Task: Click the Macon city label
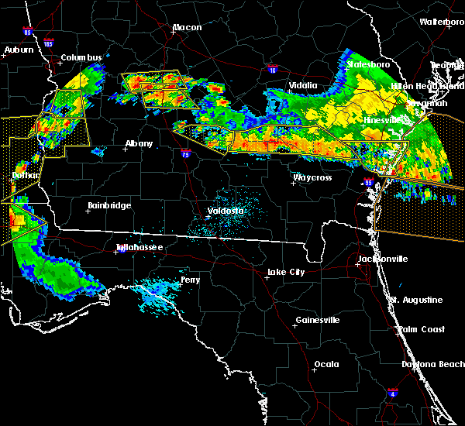(187, 28)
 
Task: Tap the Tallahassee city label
(139, 247)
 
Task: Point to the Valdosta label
(226, 211)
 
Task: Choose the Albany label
(139, 143)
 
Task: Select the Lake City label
(286, 272)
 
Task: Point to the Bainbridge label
(109, 205)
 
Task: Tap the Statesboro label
(370, 64)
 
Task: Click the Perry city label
(190, 280)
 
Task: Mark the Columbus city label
(81, 58)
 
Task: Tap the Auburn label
(19, 50)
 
